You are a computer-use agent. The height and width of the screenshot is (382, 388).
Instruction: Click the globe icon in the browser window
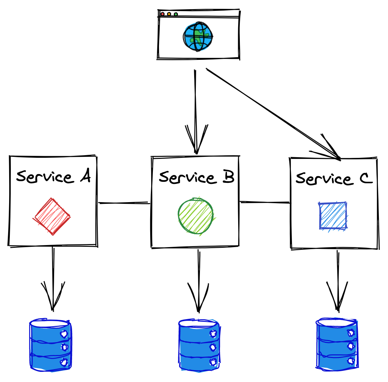pyautogui.click(x=198, y=37)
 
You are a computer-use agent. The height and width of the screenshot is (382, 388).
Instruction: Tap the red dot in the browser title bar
pyautogui.click(x=163, y=14)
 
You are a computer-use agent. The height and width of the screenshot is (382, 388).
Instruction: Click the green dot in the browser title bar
pyautogui.click(x=176, y=14)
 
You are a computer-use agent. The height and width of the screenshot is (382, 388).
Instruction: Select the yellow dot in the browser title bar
pyautogui.click(x=169, y=14)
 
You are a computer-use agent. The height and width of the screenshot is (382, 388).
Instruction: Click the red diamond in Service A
pyautogui.click(x=52, y=216)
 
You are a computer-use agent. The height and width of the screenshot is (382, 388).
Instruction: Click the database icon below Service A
pyautogui.click(x=51, y=345)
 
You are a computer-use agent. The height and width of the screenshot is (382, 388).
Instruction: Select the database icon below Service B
pyautogui.click(x=199, y=345)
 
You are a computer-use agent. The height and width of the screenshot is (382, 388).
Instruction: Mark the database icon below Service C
pyautogui.click(x=337, y=344)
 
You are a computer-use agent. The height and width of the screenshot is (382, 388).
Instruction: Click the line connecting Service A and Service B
pyautogui.click(x=124, y=203)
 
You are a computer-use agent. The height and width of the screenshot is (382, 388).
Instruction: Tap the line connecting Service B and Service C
pyautogui.click(x=265, y=202)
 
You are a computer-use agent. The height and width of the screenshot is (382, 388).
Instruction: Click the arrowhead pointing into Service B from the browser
pyautogui.click(x=196, y=142)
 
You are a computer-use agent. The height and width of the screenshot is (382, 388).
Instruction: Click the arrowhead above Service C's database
pyautogui.click(x=338, y=297)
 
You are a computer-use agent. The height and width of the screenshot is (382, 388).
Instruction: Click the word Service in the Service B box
pyautogui.click(x=187, y=177)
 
